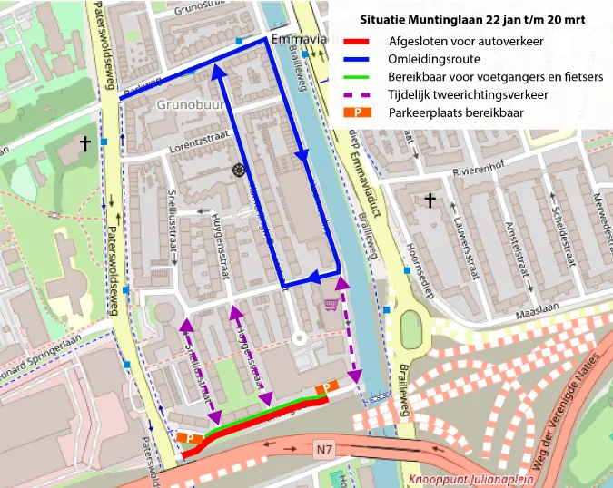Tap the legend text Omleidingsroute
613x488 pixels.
click(427, 59)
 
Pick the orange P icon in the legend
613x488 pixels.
click(359, 113)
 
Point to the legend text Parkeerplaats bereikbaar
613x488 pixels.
click(455, 113)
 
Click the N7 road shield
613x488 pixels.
click(325, 449)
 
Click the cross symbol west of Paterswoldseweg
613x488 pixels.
click(85, 143)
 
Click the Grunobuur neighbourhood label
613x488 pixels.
click(190, 105)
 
